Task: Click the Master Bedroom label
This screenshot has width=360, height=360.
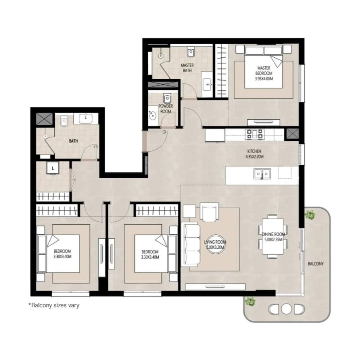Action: [264, 73]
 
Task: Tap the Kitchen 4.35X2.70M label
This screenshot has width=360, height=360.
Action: [254, 154]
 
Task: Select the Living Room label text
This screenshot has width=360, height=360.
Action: [215, 244]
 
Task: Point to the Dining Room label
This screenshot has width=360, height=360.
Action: [273, 237]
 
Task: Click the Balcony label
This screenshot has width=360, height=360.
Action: [315, 264]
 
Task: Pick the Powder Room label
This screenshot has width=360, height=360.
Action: [165, 109]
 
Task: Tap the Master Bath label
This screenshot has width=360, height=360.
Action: [187, 68]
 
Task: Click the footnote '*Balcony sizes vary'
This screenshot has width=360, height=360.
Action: [54, 306]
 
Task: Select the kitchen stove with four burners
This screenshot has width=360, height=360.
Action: [254, 134]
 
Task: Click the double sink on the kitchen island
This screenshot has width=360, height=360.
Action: [262, 174]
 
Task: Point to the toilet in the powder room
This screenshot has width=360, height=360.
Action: [167, 98]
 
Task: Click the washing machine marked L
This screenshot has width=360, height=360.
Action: [53, 169]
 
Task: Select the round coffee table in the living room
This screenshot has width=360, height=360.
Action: [215, 244]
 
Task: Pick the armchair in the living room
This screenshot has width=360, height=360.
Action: [209, 212]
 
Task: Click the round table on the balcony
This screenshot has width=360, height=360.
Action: [286, 309]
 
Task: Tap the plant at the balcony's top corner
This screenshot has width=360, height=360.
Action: [310, 215]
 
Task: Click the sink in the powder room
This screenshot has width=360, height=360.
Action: [152, 116]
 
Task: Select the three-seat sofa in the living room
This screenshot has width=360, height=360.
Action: [191, 244]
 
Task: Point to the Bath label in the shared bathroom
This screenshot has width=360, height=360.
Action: [73, 141]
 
